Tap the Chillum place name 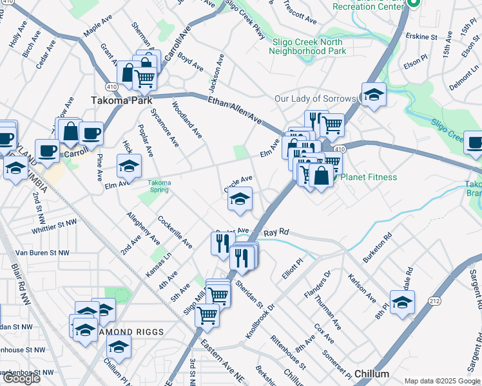click(372, 374)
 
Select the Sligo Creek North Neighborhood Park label click(309, 46)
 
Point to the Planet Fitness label click(369, 177)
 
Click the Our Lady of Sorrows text click(315, 98)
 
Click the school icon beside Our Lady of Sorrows click(374, 95)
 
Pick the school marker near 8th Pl click(402, 302)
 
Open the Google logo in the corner click(21, 378)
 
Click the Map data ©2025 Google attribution click(442, 381)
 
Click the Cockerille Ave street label click(175, 232)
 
